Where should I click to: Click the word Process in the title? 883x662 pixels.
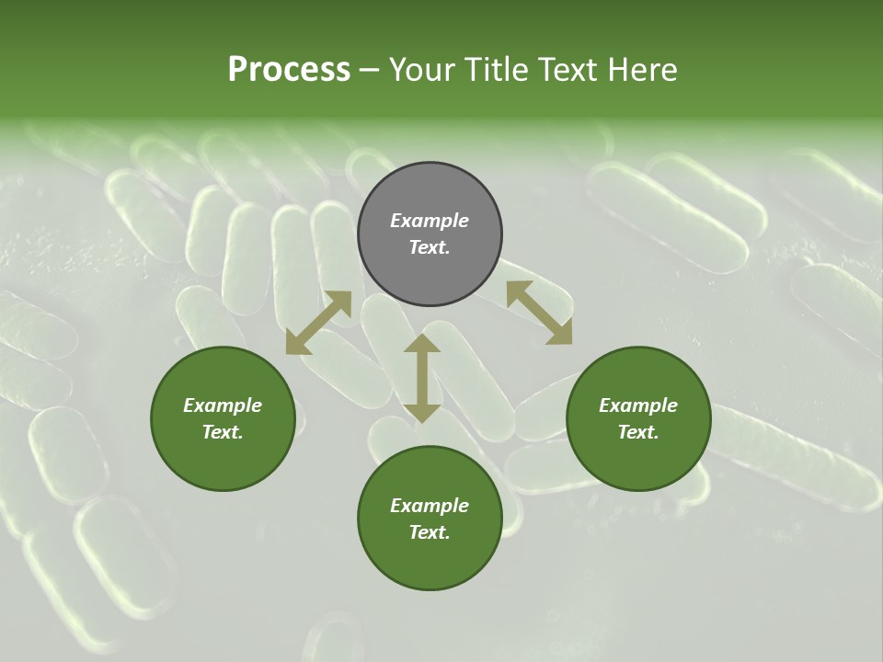pyautogui.click(x=289, y=69)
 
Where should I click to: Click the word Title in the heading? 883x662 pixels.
pyautogui.click(x=493, y=69)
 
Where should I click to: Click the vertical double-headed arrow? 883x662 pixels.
pyautogui.click(x=422, y=378)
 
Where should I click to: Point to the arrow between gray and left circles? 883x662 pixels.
pyautogui.click(x=318, y=323)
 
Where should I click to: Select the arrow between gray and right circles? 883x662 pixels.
pyautogui.click(x=540, y=314)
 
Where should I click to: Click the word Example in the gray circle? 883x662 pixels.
pyautogui.click(x=430, y=221)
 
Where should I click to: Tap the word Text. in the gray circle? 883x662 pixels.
pyautogui.click(x=430, y=247)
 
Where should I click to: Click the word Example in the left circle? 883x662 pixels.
pyautogui.click(x=223, y=405)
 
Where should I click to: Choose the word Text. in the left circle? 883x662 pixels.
pyautogui.click(x=223, y=432)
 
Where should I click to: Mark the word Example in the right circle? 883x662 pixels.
pyautogui.click(x=638, y=405)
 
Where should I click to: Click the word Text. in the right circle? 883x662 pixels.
pyautogui.click(x=638, y=432)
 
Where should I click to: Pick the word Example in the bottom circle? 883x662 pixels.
pyautogui.click(x=430, y=506)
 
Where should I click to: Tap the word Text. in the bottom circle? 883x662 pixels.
pyautogui.click(x=430, y=532)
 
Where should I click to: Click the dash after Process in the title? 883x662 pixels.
pyautogui.click(x=370, y=71)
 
